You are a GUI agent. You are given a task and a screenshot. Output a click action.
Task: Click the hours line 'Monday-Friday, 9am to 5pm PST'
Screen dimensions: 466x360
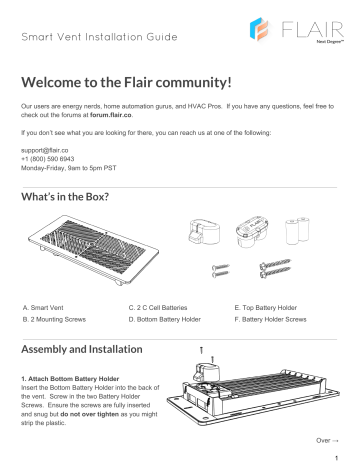click(68, 163)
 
